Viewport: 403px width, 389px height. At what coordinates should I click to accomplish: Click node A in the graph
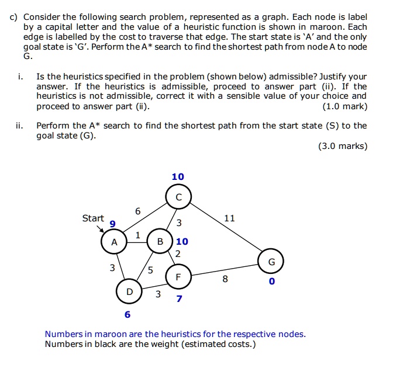pyautogui.click(x=115, y=242)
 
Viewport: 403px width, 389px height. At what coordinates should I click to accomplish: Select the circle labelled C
pyautogui.click(x=178, y=197)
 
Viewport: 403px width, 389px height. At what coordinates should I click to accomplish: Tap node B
pyautogui.click(x=159, y=242)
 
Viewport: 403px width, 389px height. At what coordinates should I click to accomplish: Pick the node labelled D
pyautogui.click(x=129, y=291)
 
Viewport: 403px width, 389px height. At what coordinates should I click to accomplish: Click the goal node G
pyautogui.click(x=271, y=262)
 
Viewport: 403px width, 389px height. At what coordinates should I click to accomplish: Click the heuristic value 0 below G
pyautogui.click(x=271, y=282)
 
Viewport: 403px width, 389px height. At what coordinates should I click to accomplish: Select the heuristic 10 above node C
pyautogui.click(x=178, y=176)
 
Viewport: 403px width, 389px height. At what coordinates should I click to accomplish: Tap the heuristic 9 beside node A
pyautogui.click(x=112, y=224)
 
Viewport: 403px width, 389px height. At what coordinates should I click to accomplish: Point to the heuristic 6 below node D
pyautogui.click(x=128, y=315)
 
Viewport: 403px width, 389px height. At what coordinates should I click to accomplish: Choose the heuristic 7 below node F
pyautogui.click(x=179, y=299)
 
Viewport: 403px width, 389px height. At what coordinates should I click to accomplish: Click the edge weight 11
pyautogui.click(x=229, y=218)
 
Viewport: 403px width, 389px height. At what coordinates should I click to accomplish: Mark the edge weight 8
pyautogui.click(x=225, y=279)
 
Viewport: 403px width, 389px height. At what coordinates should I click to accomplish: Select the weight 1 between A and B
pyautogui.click(x=137, y=235)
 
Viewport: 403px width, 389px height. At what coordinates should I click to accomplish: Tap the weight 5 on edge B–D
pyautogui.click(x=150, y=270)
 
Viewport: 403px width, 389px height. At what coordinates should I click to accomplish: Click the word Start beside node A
pyautogui.click(x=93, y=218)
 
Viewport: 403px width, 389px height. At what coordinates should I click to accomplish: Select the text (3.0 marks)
pyautogui.click(x=343, y=146)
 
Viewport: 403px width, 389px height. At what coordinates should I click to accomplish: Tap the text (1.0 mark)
pyautogui.click(x=345, y=106)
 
